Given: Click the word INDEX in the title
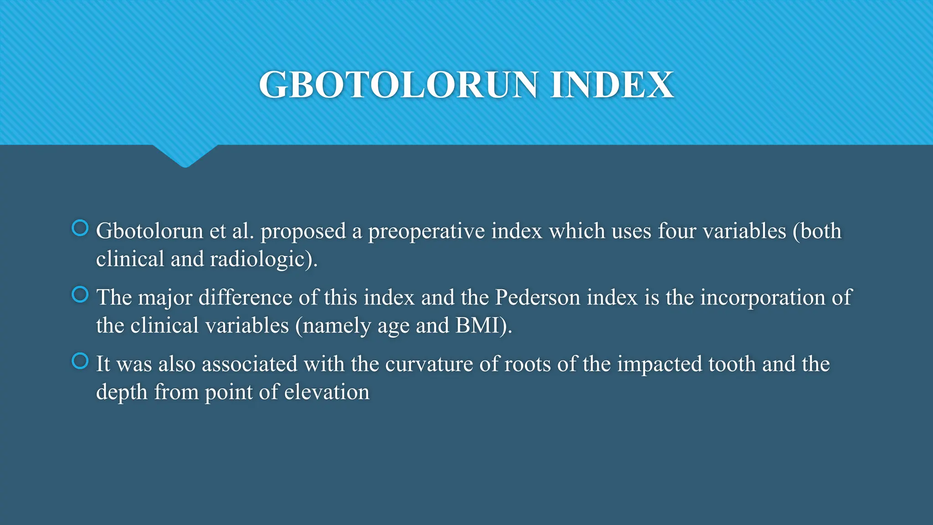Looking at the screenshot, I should coord(611,85).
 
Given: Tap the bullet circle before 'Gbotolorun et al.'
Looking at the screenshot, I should coord(80,228).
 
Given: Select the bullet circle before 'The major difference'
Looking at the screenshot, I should coord(80,294).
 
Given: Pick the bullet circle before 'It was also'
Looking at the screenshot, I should coord(80,361).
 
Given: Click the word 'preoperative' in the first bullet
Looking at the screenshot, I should coord(426,232).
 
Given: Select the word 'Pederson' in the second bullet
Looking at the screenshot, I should coord(538,298).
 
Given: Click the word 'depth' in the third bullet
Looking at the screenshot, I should coord(122,393).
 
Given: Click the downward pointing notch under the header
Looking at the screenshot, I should coord(185,157).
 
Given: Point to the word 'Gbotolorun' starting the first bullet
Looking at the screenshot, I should coord(149,231).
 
